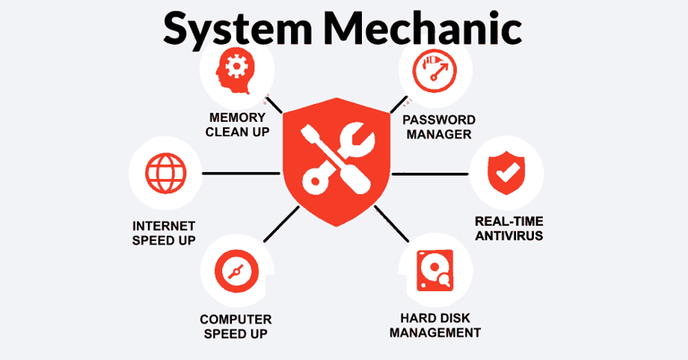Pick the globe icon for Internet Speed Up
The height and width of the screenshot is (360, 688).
(163, 173)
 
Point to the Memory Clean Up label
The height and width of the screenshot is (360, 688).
(237, 125)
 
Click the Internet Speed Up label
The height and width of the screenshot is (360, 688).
(163, 233)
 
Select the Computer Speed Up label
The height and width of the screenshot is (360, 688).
(236, 326)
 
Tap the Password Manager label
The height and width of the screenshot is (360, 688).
(438, 127)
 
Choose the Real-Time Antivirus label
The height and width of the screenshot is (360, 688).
(509, 228)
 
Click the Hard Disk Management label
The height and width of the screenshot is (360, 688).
(440, 324)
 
